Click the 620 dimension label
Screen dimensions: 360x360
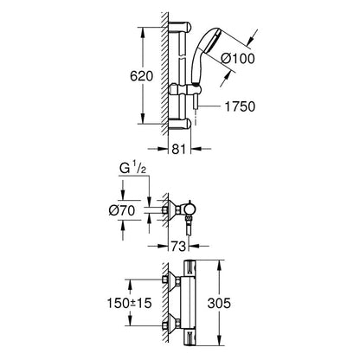141,76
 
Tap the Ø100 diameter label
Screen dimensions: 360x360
238,59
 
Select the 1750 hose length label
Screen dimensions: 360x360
240,106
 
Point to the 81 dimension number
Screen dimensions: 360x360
179,149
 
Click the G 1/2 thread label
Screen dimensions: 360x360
132,169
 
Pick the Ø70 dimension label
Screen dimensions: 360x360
122,210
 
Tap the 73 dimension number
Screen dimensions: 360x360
178,247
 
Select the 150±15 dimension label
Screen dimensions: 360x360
129,303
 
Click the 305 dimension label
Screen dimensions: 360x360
219,303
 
